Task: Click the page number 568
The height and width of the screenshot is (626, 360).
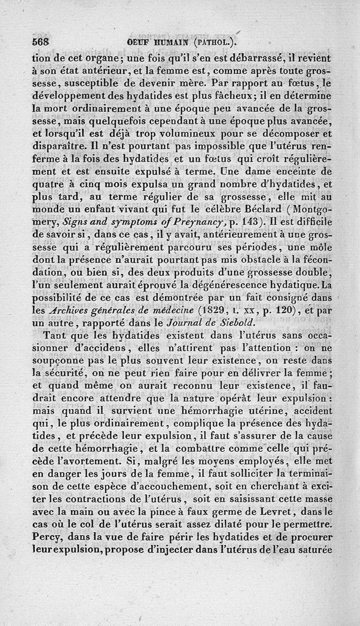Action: [41, 44]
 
